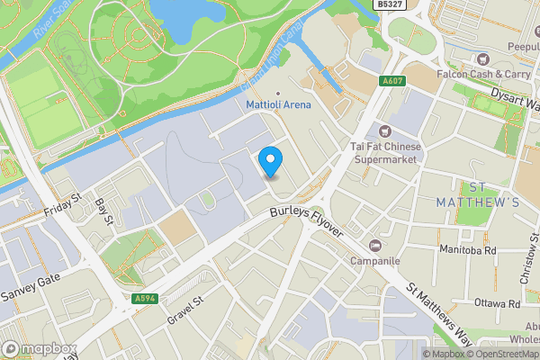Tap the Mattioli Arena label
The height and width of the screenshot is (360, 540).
click(x=279, y=104)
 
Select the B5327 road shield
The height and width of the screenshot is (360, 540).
click(x=389, y=4)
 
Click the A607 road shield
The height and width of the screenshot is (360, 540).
click(x=391, y=81)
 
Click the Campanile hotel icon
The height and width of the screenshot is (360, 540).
click(x=375, y=246)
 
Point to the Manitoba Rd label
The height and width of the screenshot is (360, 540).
click(x=468, y=250)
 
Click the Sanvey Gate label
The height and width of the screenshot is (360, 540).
click(x=30, y=289)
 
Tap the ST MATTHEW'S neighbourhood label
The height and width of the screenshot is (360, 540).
click(x=490, y=195)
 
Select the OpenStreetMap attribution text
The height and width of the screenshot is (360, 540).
click(x=505, y=354)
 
